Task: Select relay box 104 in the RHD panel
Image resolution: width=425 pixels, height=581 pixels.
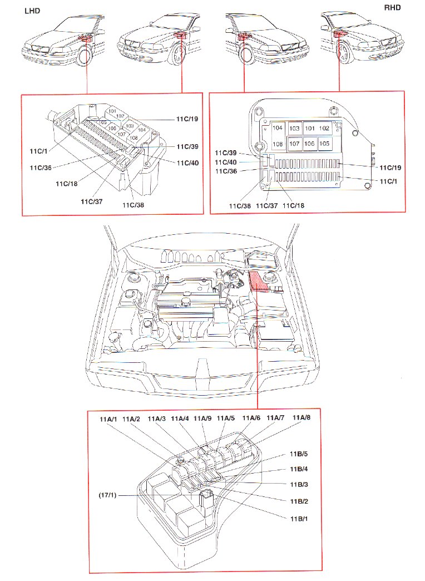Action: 277,129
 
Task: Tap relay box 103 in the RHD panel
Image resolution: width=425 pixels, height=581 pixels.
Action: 294,129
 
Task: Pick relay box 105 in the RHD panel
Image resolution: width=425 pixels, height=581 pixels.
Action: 324,144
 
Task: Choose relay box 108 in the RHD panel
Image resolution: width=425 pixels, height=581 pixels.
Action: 277,144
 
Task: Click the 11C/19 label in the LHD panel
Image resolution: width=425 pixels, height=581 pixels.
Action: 187,119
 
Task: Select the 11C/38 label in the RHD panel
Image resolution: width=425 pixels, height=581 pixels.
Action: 239,206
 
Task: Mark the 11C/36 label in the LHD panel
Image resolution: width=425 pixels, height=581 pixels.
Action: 41,167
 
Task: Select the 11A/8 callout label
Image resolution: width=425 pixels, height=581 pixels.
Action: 301,418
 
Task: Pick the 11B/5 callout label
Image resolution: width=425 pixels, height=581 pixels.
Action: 299,454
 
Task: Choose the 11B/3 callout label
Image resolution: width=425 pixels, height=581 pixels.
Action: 299,485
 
